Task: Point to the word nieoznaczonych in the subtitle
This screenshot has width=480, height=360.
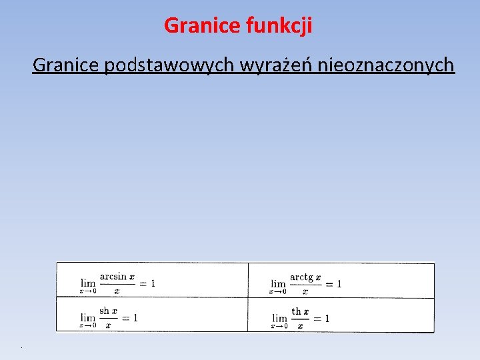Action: pos(387,65)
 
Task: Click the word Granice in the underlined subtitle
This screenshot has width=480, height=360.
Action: pos(65,65)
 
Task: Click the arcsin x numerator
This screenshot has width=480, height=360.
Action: pos(117,277)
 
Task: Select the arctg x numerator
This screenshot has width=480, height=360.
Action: pos(305,277)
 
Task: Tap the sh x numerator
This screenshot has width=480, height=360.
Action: pos(108,311)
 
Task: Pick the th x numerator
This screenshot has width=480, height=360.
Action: pos(300,311)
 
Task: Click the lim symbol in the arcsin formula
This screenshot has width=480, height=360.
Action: pos(88,283)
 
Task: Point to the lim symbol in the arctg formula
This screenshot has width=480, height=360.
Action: pos(277,283)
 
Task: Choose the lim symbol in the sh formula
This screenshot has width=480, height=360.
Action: pos(88,318)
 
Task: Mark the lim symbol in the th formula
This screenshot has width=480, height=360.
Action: pos(279,318)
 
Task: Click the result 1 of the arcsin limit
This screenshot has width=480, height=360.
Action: pos(153,283)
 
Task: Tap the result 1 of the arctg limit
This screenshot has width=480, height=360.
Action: pos(339,283)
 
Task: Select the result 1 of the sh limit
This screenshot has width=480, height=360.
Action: pos(135,318)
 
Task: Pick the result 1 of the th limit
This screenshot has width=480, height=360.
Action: pos(327,318)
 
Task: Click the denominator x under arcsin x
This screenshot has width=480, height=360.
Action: pos(117,291)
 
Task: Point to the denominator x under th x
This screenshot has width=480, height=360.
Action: pos(300,325)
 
